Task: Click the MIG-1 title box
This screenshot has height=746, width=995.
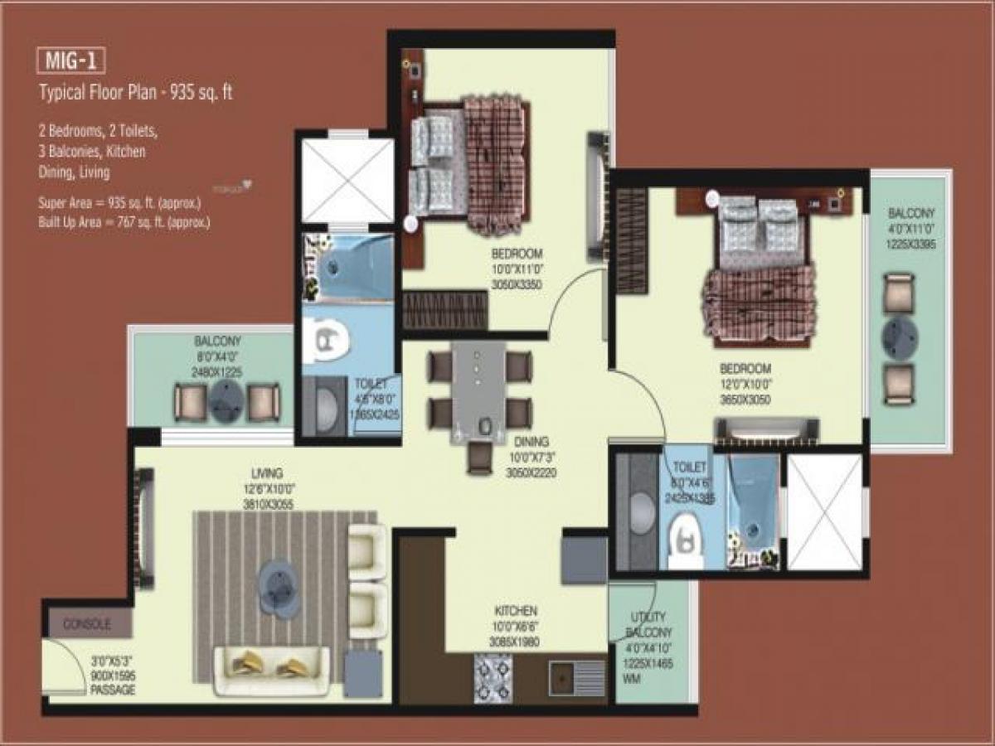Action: (x=71, y=61)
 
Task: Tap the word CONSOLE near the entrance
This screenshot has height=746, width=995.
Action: (x=87, y=624)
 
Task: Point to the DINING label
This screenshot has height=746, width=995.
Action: (x=531, y=443)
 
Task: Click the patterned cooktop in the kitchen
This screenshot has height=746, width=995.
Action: (x=493, y=677)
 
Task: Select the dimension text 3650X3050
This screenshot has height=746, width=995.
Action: (x=745, y=399)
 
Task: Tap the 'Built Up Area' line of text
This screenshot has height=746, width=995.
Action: (x=124, y=222)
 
